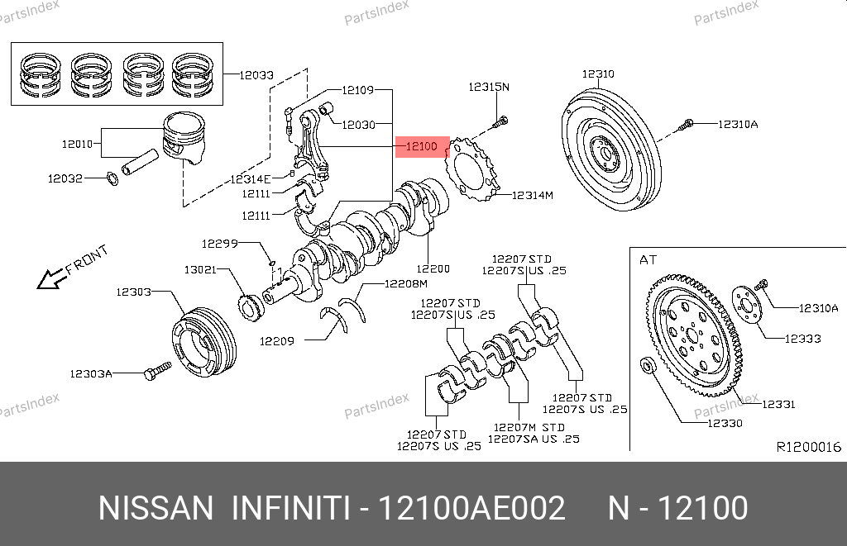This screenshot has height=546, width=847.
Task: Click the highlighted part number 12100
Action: [421, 147]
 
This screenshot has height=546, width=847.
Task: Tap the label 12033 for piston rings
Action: [256, 75]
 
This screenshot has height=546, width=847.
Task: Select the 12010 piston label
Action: [79, 145]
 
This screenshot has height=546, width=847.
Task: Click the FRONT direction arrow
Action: [71, 268]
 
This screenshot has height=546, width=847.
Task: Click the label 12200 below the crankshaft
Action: [433, 268]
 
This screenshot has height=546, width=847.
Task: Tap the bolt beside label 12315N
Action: [501, 124]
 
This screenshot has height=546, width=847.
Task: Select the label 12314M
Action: [532, 196]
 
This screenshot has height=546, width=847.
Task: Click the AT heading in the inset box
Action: [647, 259]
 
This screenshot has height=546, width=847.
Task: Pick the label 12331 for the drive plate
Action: [778, 404]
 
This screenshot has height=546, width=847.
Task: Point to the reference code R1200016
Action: [808, 447]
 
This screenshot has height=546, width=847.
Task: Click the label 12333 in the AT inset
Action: [802, 338]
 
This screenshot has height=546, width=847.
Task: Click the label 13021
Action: [200, 270]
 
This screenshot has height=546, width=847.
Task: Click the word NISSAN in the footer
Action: [156, 508]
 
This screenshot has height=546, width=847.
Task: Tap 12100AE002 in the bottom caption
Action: [471, 508]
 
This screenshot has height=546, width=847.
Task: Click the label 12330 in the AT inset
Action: [724, 423]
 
